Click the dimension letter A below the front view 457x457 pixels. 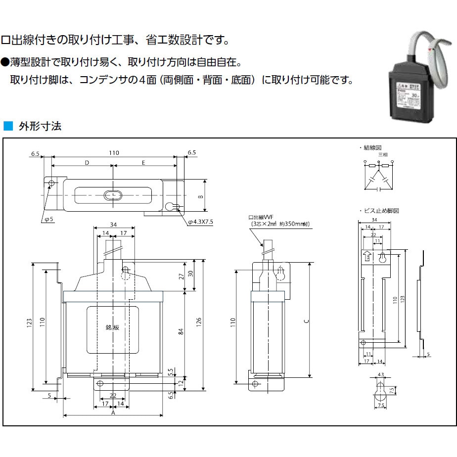[x=113, y=411]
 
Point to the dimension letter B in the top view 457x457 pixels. [x=200, y=196]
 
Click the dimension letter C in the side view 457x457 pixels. [x=307, y=321]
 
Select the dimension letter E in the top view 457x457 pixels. [x=143, y=162]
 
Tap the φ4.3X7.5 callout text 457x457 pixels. [x=200, y=222]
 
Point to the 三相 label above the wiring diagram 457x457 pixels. [x=383, y=155]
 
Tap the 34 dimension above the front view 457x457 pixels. [x=113, y=225]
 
